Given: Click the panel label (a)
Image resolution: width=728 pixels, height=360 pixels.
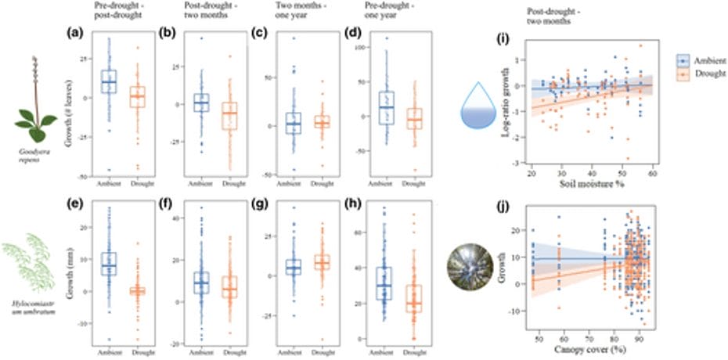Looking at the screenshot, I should (x=70, y=34).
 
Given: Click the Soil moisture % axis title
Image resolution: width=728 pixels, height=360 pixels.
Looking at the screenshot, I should (x=590, y=184).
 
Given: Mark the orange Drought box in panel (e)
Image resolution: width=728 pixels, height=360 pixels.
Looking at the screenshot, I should (x=137, y=290).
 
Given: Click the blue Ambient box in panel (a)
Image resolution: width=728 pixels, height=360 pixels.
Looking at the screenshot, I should (x=109, y=81).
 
